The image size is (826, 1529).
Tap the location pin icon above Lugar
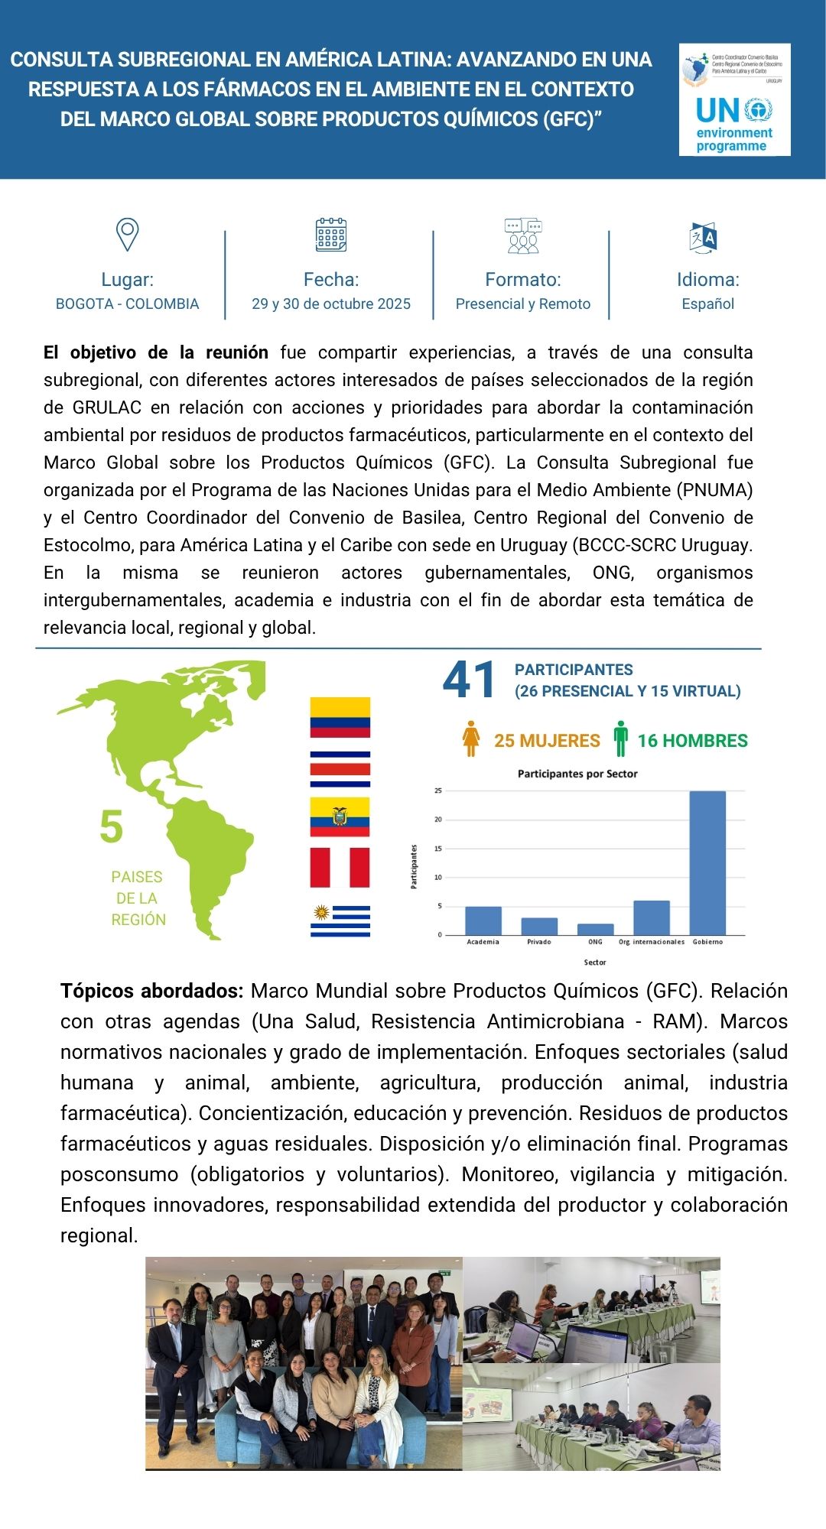[x=127, y=234]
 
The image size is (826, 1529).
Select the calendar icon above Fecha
[x=331, y=235]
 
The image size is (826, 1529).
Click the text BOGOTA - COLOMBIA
[x=127, y=304]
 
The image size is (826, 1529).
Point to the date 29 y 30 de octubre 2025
[x=331, y=304]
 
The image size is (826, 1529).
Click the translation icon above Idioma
[x=703, y=238]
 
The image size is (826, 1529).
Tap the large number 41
[x=470, y=680]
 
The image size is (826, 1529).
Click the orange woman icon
[x=471, y=739]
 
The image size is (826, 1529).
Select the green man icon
[x=620, y=739]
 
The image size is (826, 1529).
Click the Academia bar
[x=483, y=920]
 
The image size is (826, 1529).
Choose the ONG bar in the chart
[x=595, y=929]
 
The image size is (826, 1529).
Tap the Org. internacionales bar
[x=652, y=917]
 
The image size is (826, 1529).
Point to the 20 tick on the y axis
[x=438, y=820]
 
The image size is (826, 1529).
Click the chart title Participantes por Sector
[x=577, y=774]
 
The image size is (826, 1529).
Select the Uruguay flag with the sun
[x=340, y=920]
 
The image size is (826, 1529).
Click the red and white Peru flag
[x=340, y=868]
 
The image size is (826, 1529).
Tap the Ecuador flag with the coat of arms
[x=340, y=816]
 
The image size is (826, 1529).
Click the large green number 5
[x=112, y=826]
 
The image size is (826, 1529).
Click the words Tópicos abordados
[x=151, y=991]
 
